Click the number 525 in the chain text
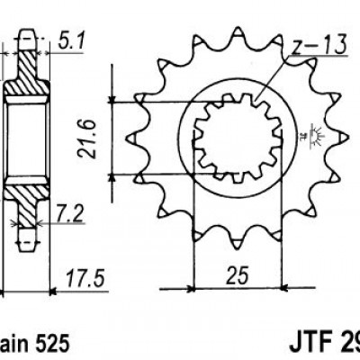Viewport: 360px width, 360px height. coord(49,344)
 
